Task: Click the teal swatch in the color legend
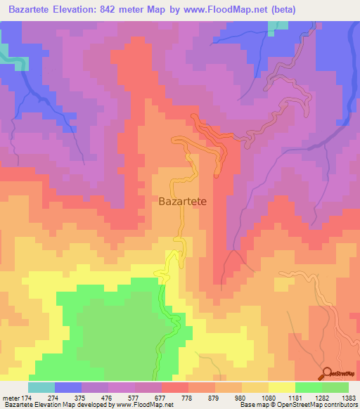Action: [41, 387]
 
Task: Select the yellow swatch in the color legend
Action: [282, 387]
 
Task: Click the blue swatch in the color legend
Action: [68, 387]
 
